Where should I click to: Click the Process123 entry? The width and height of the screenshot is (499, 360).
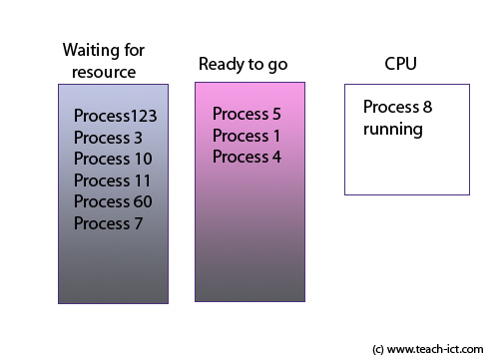point(115,116)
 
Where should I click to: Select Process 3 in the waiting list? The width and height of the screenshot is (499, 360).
point(108,138)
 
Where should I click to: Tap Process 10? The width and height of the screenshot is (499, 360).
point(113,159)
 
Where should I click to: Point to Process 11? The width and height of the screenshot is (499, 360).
point(113,180)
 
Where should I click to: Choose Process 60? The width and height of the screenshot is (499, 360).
point(113,202)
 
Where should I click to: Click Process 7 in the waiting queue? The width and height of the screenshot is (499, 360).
point(108,223)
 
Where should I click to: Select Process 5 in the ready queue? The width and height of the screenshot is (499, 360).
point(247,114)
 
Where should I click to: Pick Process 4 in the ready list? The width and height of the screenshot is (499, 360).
point(247,157)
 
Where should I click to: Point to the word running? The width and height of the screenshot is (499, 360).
point(393,130)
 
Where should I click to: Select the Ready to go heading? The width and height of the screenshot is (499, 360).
point(243,64)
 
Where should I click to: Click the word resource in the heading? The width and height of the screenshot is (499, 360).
point(104,72)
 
